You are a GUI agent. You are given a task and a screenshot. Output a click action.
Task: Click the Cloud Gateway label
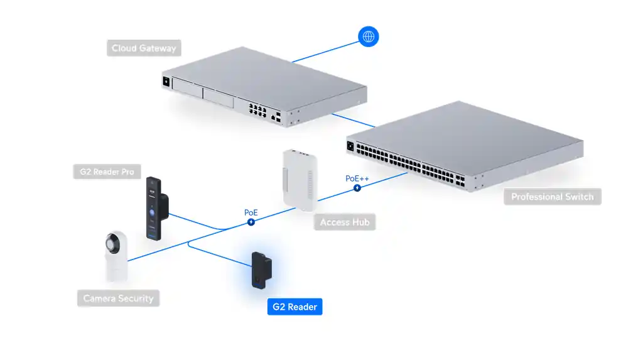pyautogui.click(x=144, y=48)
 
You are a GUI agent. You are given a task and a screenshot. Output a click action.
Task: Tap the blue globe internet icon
pyautogui.click(x=368, y=36)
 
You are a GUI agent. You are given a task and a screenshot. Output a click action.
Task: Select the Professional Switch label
pyautogui.click(x=552, y=197)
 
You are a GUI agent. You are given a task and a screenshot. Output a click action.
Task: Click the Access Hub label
pyautogui.click(x=344, y=222)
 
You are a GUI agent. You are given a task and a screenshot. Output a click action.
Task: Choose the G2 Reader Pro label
pyautogui.click(x=107, y=172)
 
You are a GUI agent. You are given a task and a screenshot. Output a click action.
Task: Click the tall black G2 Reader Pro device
pyautogui.click(x=155, y=207)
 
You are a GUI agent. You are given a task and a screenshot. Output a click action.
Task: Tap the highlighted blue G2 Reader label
pyautogui.click(x=295, y=307)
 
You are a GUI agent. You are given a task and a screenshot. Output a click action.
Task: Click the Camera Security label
pyautogui.click(x=118, y=298)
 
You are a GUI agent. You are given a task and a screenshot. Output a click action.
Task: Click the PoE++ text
pyautogui.click(x=357, y=178)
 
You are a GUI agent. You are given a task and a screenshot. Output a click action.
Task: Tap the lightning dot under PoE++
pyautogui.click(x=357, y=187)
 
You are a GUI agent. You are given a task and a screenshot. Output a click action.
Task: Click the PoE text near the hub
pyautogui.click(x=251, y=213)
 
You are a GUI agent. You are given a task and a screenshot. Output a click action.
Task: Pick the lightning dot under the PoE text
pyautogui.click(x=251, y=222)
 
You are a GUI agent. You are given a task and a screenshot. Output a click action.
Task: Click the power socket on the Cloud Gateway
pyautogui.click(x=166, y=81)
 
